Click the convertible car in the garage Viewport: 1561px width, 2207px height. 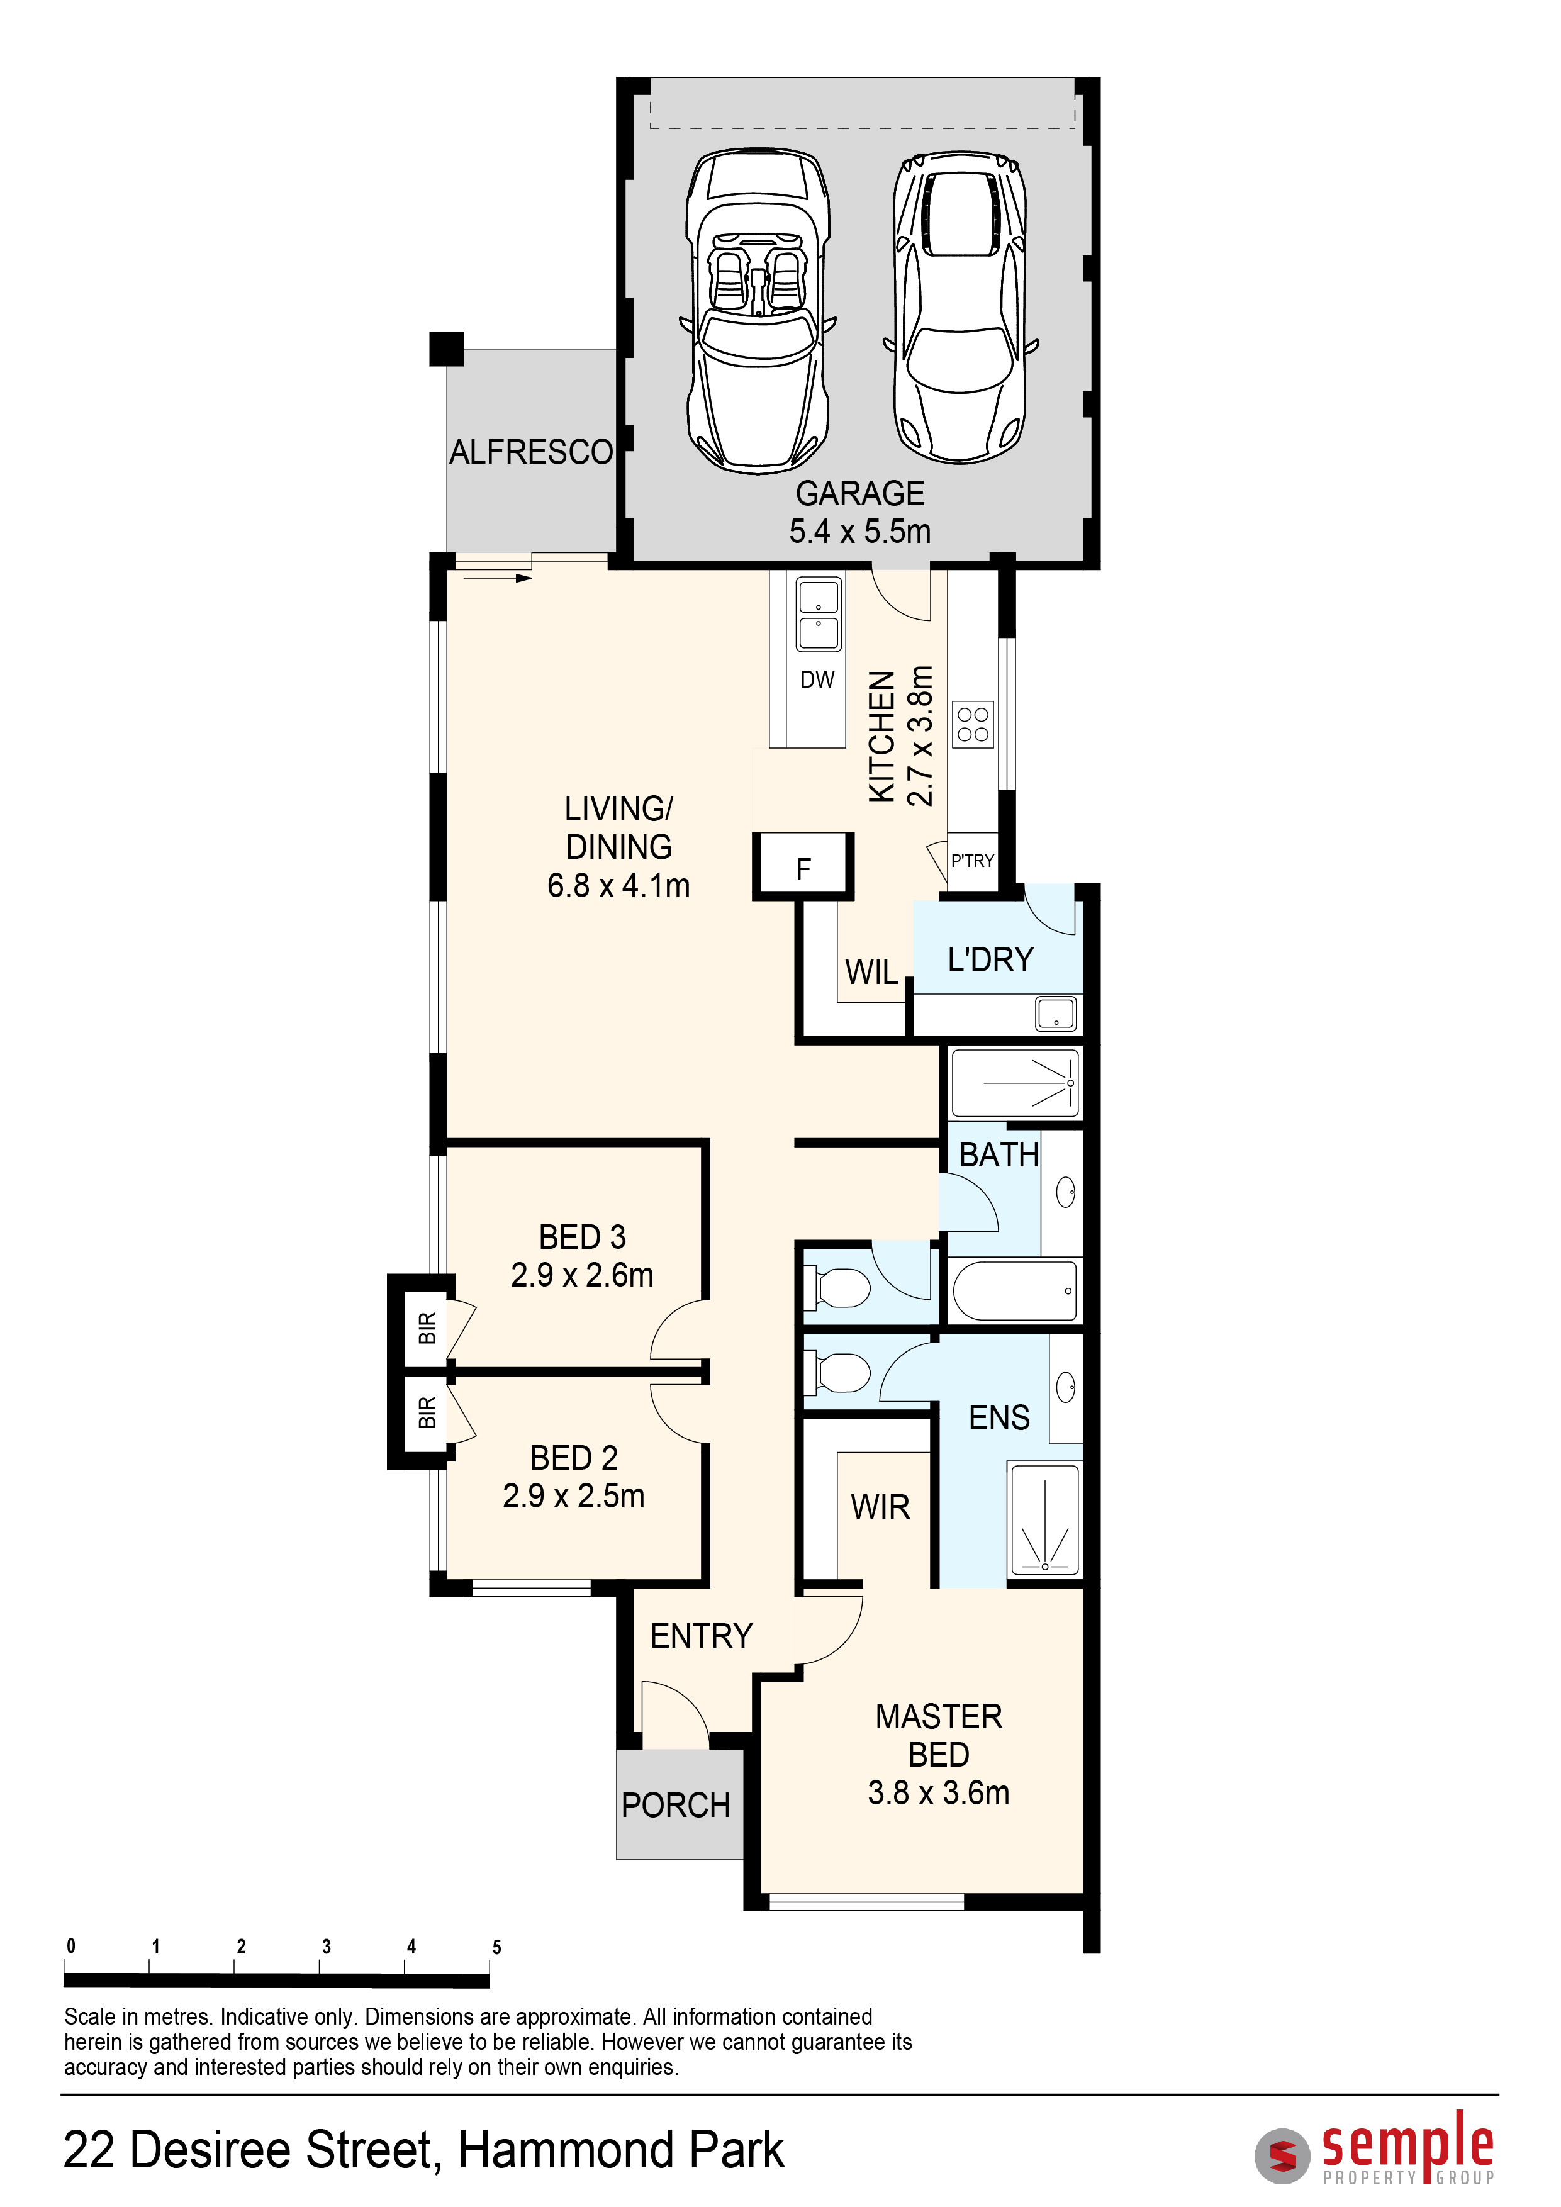tap(758, 311)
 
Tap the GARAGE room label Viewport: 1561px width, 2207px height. tap(860, 493)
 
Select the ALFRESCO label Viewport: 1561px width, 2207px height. tap(532, 452)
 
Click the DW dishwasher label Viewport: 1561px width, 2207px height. tap(817, 679)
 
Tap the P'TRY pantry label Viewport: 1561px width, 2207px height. tap(973, 860)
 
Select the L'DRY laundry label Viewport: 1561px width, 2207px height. tap(990, 959)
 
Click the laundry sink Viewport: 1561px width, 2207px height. tap(1055, 1013)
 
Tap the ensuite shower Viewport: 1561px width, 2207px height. tap(1044, 1521)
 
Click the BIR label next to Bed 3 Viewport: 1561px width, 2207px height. tap(428, 1327)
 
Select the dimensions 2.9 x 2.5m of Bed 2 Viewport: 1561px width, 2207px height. tap(574, 1495)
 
